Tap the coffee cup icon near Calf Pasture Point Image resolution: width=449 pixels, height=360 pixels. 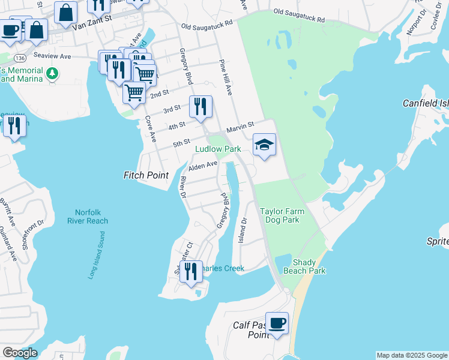[277, 324]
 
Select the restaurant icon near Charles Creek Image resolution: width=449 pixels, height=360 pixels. [191, 271]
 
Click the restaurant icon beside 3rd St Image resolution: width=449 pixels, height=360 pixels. [200, 107]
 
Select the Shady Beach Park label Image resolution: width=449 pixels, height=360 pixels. [309, 267]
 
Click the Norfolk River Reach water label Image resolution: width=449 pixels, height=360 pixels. [91, 217]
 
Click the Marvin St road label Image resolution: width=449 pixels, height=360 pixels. [241, 128]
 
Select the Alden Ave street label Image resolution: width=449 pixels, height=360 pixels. [202, 166]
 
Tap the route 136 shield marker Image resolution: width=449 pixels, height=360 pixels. [20, 58]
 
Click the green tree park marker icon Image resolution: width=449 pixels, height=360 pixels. [53, 73]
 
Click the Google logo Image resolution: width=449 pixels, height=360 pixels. [20, 353]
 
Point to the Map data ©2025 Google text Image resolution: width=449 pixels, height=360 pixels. [411, 355]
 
